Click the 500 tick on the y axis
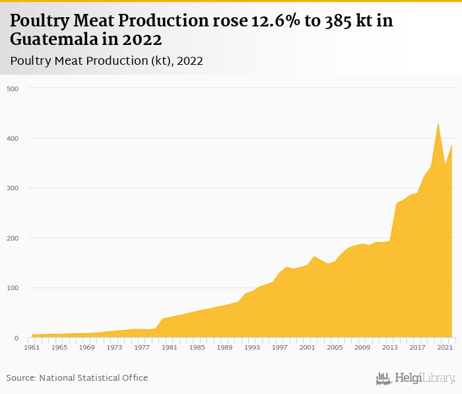click(x=13, y=89)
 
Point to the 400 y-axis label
click(x=13, y=138)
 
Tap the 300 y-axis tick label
click(x=13, y=188)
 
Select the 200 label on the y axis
click(x=13, y=238)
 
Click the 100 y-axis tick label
click(x=13, y=288)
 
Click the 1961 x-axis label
click(x=32, y=347)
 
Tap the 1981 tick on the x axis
click(x=169, y=347)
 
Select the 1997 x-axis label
click(x=279, y=347)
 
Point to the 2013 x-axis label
click(x=389, y=347)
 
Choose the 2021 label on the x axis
click(x=444, y=347)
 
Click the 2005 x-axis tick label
click(x=335, y=347)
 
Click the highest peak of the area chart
click(x=438, y=124)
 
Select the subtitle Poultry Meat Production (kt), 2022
click(x=106, y=60)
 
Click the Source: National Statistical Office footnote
click(x=77, y=377)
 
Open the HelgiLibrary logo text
click(x=424, y=378)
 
